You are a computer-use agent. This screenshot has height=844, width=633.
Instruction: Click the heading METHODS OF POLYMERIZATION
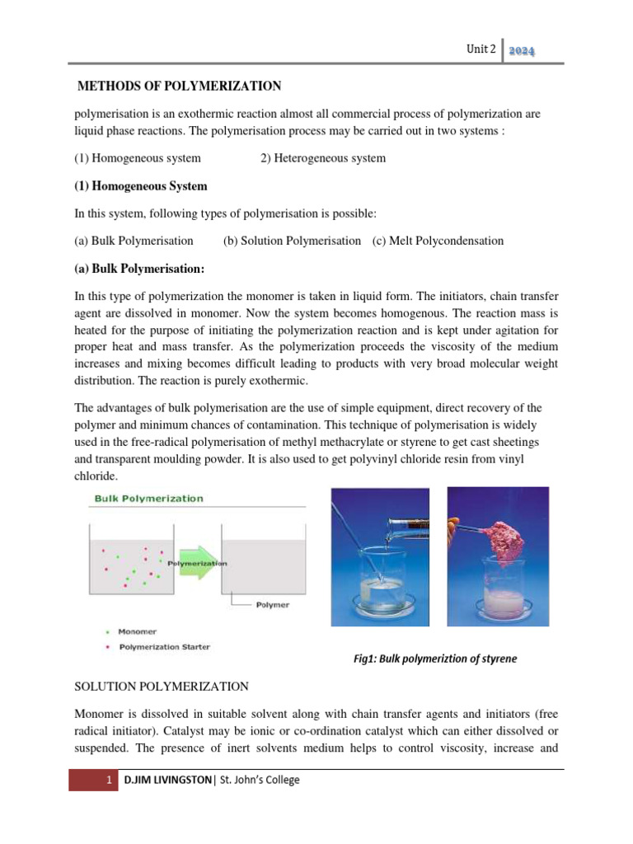179,86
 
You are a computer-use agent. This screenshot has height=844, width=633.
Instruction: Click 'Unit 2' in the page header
481,49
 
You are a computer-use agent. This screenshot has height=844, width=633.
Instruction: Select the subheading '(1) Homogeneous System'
141,185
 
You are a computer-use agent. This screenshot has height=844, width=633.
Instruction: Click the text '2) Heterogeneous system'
322,157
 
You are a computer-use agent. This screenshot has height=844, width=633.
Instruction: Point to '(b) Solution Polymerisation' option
292,241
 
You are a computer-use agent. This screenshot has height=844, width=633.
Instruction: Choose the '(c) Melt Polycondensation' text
437,241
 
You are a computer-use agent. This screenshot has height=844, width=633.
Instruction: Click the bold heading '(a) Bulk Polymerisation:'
139,269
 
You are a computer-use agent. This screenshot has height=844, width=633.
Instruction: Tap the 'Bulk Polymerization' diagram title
148,499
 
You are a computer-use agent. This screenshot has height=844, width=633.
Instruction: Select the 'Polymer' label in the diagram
272,604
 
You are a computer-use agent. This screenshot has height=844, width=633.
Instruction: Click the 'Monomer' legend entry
138,631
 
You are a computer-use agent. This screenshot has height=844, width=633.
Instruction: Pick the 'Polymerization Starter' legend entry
164,647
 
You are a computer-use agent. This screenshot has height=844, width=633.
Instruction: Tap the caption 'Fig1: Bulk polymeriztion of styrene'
434,659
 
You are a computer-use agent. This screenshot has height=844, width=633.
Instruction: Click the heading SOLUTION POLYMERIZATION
160,686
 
